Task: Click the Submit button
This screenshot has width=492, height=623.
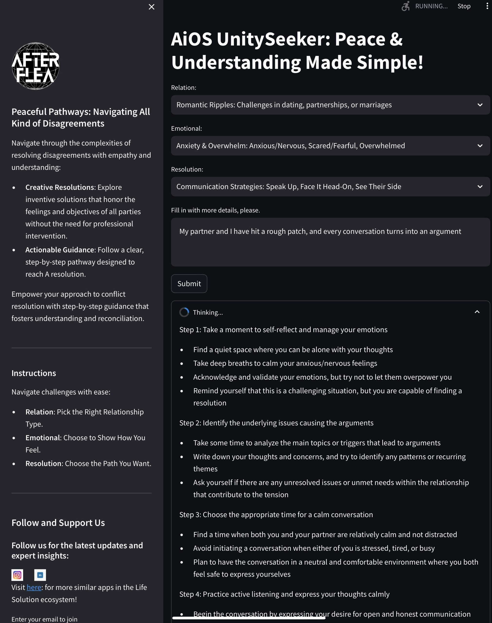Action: tap(189, 284)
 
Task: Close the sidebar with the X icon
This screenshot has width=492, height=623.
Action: tap(152, 7)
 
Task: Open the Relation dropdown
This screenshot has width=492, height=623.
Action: tap(330, 105)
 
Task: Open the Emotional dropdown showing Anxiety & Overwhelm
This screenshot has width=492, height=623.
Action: tap(330, 146)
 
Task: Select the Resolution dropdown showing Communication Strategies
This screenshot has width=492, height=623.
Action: tap(330, 187)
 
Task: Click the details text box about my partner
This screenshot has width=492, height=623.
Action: tap(330, 242)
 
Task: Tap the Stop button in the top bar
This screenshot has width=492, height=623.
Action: tap(464, 6)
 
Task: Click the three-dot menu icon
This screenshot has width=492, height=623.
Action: tap(487, 6)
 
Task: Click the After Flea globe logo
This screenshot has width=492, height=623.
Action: tap(36, 66)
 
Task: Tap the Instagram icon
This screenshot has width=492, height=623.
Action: tap(17, 575)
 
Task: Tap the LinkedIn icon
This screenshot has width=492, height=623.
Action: tap(40, 575)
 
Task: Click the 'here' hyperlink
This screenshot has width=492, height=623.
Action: tap(34, 587)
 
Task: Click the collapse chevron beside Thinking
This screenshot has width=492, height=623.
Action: tap(477, 312)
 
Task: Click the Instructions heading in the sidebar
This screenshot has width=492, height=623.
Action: tap(34, 373)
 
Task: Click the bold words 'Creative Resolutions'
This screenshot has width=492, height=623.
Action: tap(60, 187)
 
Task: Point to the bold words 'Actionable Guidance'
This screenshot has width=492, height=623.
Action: tap(60, 250)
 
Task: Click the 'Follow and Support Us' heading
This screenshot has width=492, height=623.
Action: tap(58, 523)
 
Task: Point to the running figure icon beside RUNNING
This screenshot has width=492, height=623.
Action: tap(406, 6)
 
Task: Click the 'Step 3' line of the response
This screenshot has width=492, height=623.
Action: tap(276, 515)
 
